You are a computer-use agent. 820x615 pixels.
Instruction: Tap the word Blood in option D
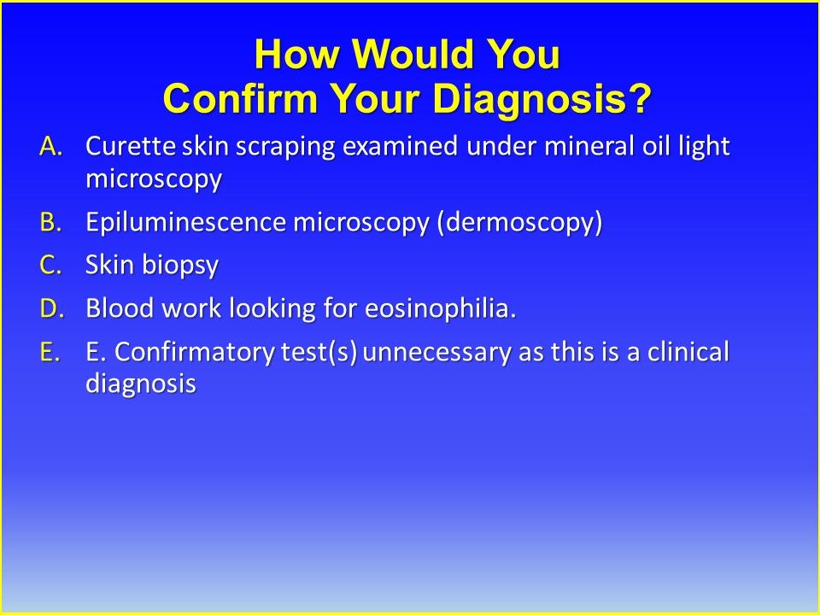click(115, 309)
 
